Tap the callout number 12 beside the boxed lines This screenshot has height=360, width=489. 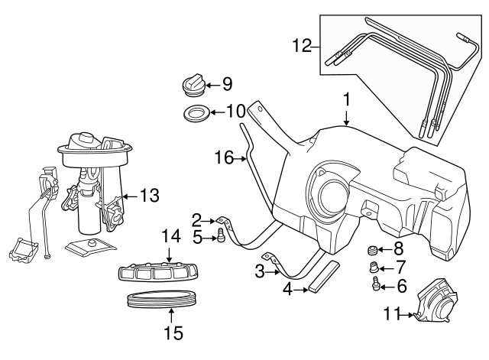(303, 46)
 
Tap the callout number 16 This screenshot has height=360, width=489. (223, 157)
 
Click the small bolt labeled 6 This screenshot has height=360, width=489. (376, 286)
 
